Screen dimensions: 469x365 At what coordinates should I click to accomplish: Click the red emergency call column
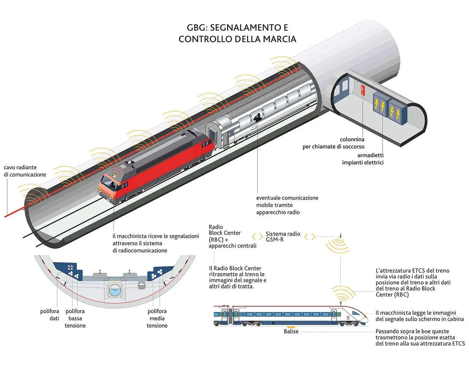363,90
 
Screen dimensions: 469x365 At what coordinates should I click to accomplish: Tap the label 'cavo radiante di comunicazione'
25,171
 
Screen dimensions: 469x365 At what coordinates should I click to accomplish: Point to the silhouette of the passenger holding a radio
258,118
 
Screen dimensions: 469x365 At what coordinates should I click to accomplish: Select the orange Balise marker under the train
291,327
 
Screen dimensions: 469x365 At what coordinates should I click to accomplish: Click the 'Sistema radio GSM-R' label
283,237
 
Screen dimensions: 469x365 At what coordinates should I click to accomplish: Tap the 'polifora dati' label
49,314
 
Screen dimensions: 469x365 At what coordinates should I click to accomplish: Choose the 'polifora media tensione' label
157,318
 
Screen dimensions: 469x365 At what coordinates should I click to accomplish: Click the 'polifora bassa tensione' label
75,318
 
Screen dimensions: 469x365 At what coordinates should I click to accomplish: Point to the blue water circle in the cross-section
115,291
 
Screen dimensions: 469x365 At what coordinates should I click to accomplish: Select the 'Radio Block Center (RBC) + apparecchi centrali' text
232,236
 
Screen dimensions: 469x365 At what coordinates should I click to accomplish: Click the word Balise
291,331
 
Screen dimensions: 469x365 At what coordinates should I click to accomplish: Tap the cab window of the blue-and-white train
357,313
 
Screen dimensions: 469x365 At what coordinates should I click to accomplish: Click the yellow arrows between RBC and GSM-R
258,237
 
